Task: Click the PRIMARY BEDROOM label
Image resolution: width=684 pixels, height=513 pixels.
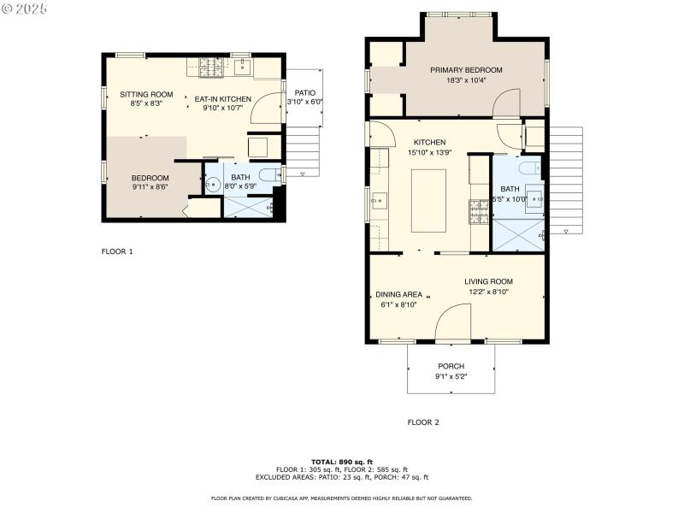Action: pos(466,70)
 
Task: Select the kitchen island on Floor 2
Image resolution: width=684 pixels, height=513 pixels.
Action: pos(428,200)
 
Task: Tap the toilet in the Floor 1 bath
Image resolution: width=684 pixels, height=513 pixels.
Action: pos(268,175)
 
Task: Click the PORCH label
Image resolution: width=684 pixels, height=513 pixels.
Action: pos(451,366)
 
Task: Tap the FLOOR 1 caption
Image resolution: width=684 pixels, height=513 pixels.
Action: pos(117,251)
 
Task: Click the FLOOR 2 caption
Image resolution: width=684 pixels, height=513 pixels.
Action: pos(423,422)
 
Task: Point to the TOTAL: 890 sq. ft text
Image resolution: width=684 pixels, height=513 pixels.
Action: pos(341,462)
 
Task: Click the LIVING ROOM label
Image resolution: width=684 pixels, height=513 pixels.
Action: pos(488,281)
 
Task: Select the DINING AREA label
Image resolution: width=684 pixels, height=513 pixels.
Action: pos(398,294)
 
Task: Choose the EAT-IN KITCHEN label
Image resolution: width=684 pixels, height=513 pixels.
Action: pos(222,99)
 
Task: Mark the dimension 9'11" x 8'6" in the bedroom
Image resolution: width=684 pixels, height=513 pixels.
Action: pos(150,186)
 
